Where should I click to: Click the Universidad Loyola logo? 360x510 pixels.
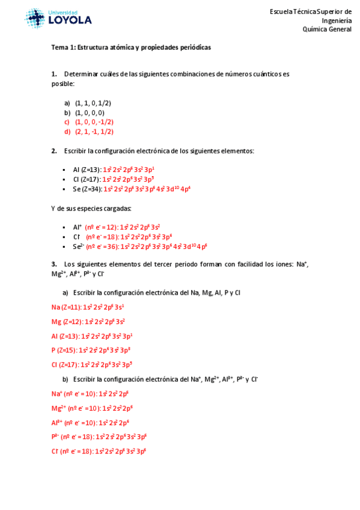point(58,18)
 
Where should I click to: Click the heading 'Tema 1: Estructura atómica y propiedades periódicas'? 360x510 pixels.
point(131,47)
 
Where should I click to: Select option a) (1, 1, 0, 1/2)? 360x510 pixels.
point(93,103)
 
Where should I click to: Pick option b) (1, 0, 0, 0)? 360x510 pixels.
point(90,112)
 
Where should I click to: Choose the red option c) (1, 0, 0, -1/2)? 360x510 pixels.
point(94,121)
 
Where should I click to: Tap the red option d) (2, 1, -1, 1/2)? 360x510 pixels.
point(94,131)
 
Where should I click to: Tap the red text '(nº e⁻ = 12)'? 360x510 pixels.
point(101,227)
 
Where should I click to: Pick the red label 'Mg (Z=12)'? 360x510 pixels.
point(67,321)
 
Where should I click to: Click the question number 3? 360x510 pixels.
point(54,263)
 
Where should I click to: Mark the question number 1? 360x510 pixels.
point(54,74)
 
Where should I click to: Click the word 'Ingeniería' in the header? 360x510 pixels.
point(337,20)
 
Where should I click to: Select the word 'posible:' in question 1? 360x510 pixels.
point(63,84)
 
